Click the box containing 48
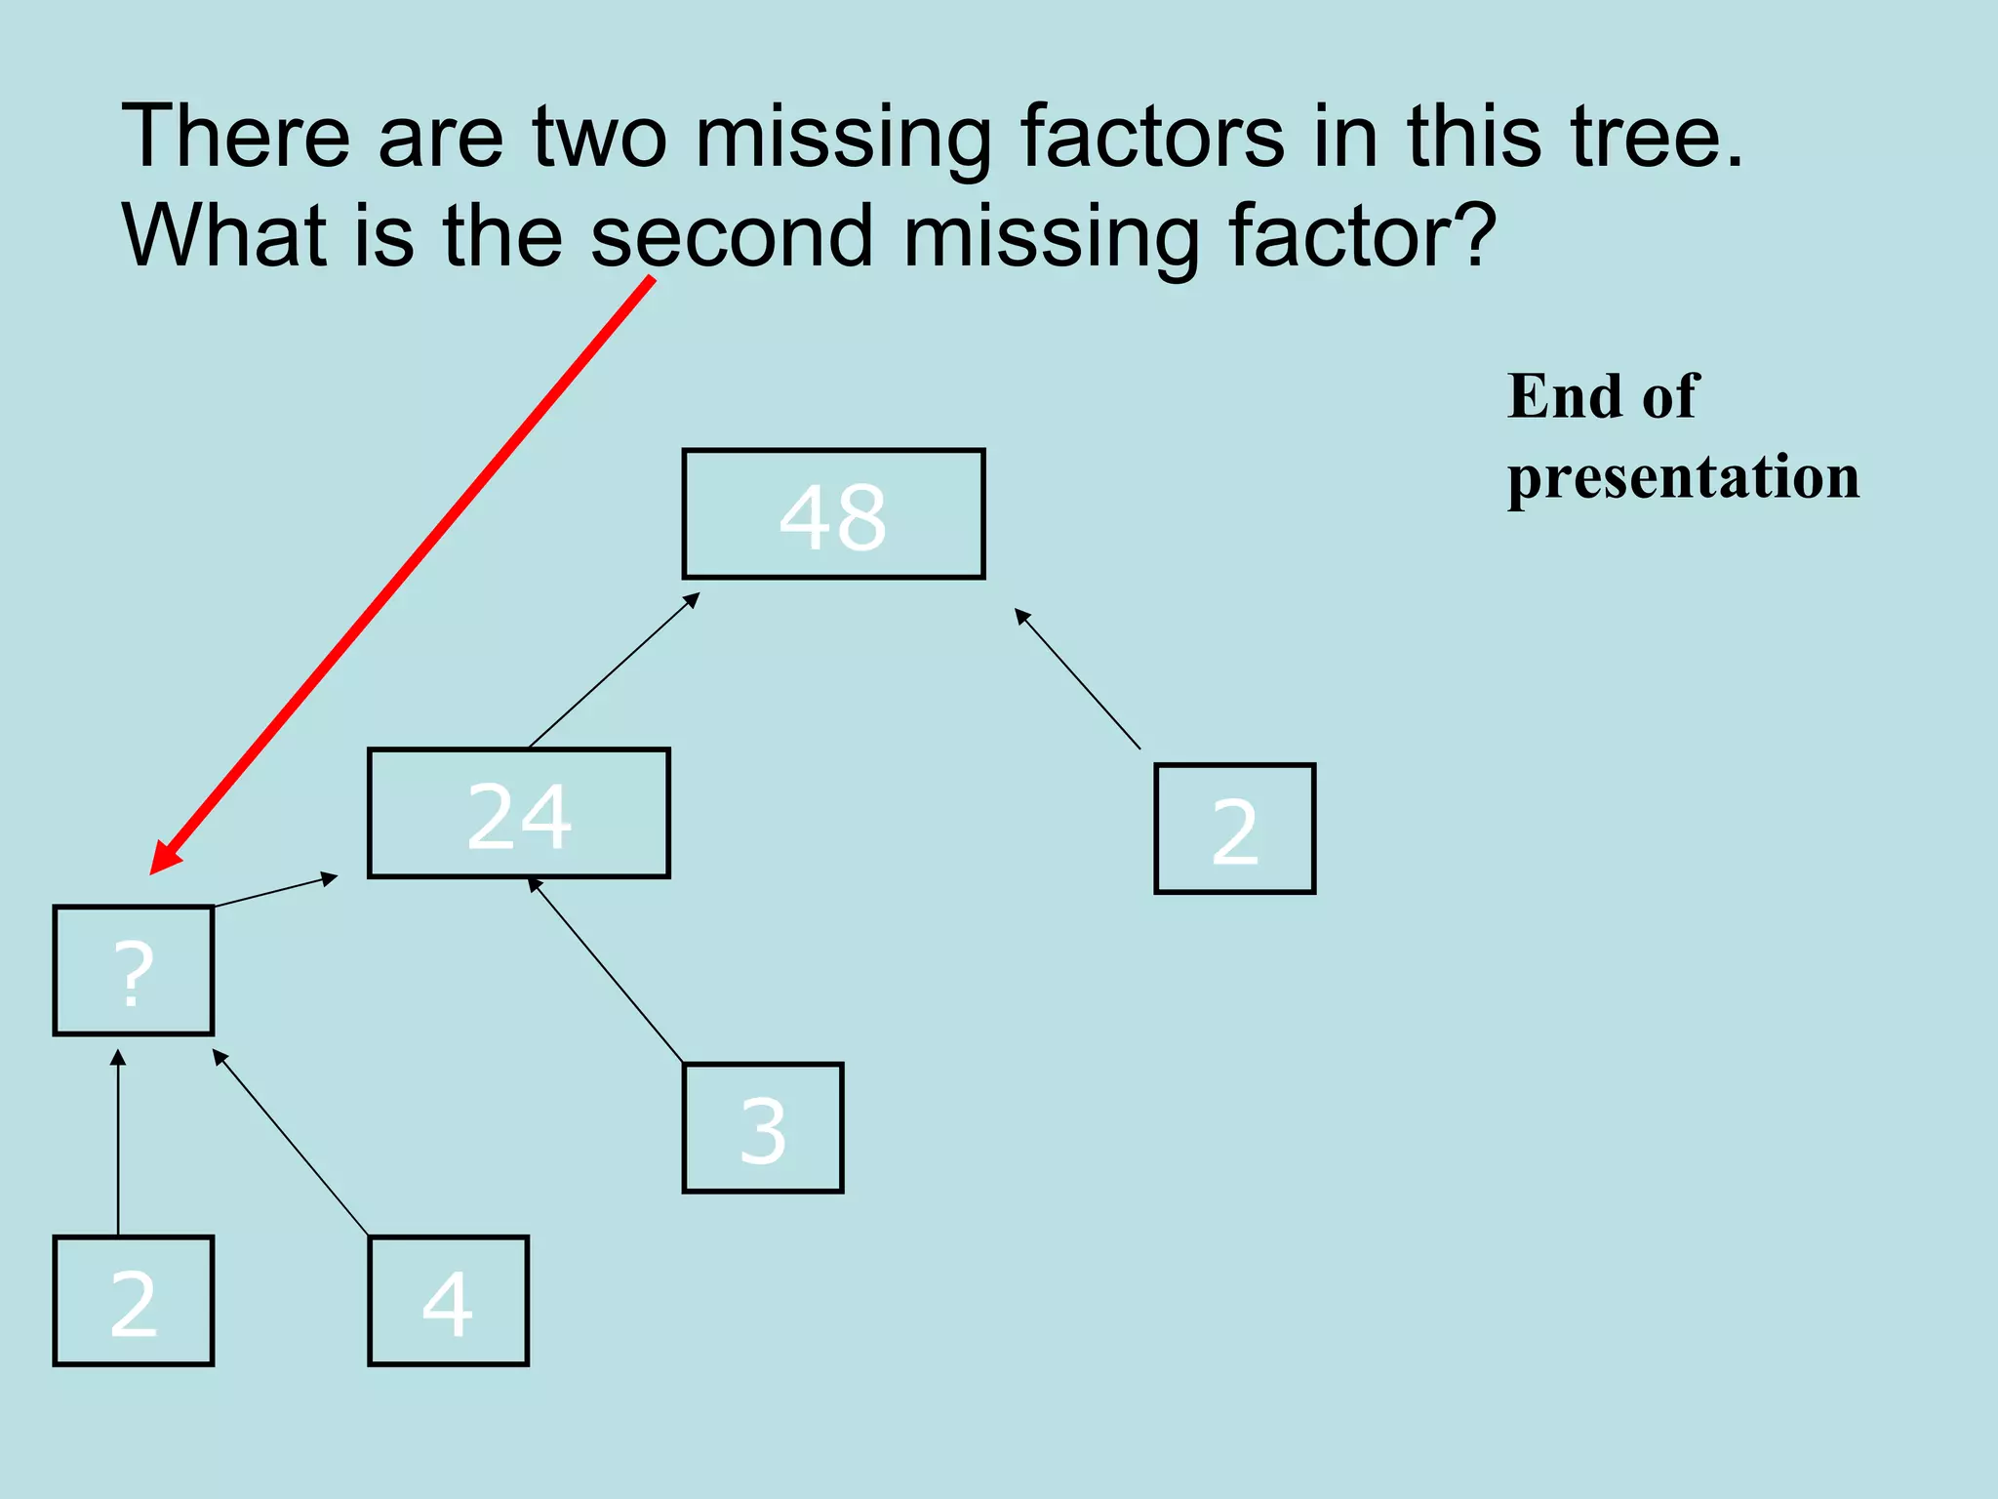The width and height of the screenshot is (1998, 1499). pos(833,514)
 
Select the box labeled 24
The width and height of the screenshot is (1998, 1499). pos(518,814)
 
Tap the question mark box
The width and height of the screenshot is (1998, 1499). pos(134,970)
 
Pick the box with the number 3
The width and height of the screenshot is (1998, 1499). pos(762,1128)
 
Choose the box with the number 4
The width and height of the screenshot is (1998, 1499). pos(448,1301)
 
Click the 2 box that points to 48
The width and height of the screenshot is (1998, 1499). pos(1234,829)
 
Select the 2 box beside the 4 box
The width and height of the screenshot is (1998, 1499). pos(134,1301)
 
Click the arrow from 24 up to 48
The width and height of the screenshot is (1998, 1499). pos(614,670)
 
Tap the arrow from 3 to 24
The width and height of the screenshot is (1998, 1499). pos(605,970)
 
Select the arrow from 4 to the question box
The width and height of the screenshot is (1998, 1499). pos(291,1143)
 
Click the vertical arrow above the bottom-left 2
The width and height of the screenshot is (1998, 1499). pos(118,1143)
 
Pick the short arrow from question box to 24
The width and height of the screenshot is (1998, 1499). pos(275,891)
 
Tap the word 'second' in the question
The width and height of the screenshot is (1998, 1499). pos(732,236)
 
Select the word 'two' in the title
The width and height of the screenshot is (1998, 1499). pos(599,137)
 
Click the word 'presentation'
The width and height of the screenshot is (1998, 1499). pos(1683,477)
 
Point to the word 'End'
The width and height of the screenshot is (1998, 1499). pos(1560,396)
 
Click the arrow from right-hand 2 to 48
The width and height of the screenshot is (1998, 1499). pos(1077,678)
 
